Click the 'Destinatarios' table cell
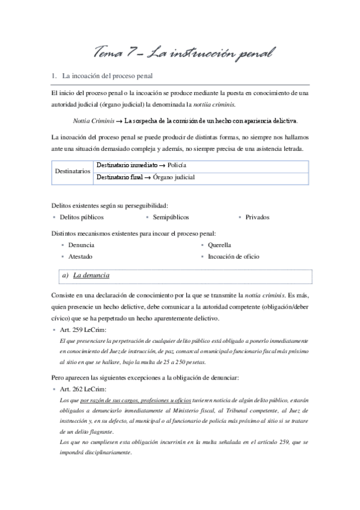pyautogui.click(x=73, y=171)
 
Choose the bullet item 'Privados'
pyautogui.click(x=257, y=217)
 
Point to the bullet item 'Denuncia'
pyautogui.click(x=81, y=245)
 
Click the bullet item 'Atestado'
pyautogui.click(x=80, y=256)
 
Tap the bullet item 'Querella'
pyautogui.click(x=219, y=245)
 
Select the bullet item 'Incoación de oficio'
pyautogui.click(x=233, y=256)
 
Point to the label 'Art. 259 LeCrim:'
pyautogui.click(x=81, y=330)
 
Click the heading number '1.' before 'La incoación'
pyautogui.click(x=55, y=76)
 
